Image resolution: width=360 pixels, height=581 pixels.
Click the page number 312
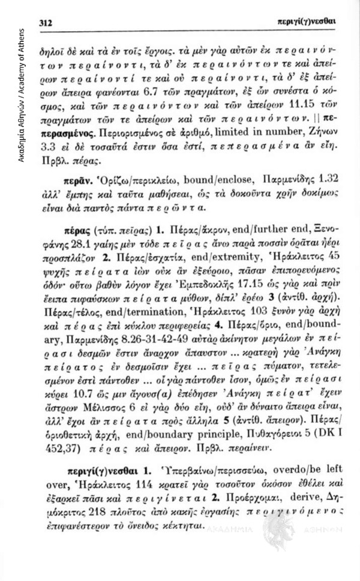coord(47,22)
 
